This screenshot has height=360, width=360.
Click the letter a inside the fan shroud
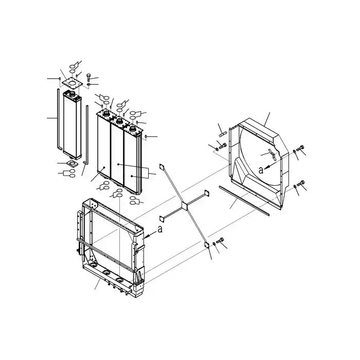click(x=261, y=168)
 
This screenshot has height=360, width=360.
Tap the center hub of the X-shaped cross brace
click(x=184, y=207)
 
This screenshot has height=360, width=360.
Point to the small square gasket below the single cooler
click(x=70, y=164)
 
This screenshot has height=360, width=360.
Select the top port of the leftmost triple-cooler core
click(x=105, y=114)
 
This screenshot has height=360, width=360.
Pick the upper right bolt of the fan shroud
click(x=301, y=151)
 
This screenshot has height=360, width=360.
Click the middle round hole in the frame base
click(x=105, y=272)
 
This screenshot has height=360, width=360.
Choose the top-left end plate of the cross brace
click(x=161, y=167)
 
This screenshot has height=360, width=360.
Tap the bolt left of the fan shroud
click(x=222, y=148)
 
